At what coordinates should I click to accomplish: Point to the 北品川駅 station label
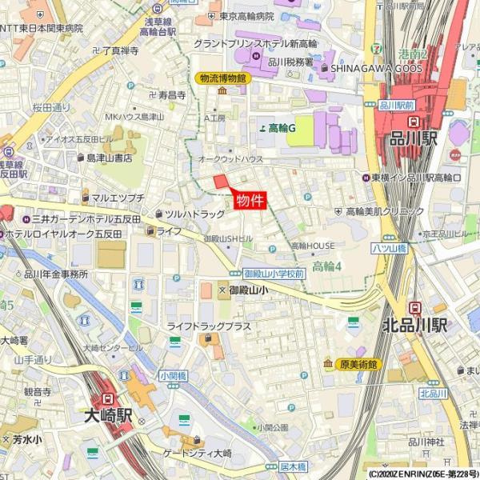click(414, 325)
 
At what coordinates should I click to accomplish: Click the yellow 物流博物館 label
click(222, 78)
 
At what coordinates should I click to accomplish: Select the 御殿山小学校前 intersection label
click(274, 273)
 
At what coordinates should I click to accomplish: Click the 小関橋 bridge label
click(173, 374)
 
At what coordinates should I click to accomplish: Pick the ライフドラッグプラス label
click(209, 326)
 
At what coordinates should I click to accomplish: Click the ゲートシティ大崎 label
click(198, 454)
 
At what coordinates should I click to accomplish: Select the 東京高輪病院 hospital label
click(246, 16)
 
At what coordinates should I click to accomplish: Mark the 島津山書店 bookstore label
click(109, 158)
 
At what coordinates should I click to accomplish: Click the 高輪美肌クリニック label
click(384, 211)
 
